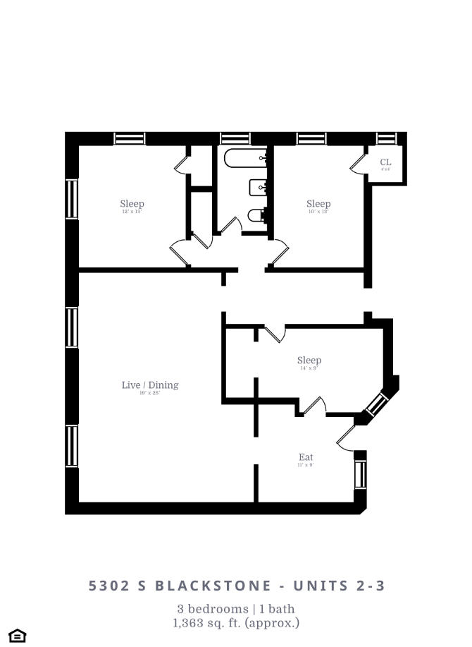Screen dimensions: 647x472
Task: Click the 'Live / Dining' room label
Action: (149, 385)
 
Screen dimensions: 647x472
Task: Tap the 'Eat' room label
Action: (306, 457)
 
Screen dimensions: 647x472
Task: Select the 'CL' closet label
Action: (385, 162)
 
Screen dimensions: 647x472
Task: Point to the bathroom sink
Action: (258, 188)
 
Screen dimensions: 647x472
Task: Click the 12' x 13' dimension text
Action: (132, 212)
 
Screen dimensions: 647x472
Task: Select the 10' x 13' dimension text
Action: (318, 212)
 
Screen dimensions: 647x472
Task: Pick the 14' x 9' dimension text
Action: (309, 368)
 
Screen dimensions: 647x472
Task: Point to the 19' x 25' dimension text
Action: (149, 393)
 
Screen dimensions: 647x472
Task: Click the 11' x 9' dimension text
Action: (306, 466)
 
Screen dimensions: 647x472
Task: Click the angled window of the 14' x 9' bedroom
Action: (377, 405)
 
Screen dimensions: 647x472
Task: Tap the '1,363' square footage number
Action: (188, 623)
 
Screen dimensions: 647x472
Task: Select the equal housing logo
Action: (17, 636)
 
